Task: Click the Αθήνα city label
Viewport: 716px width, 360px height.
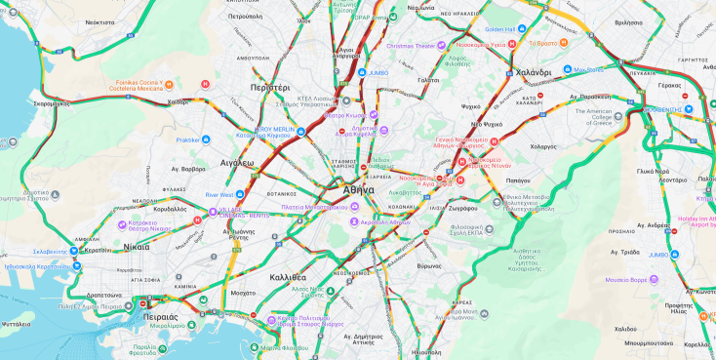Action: click(358, 190)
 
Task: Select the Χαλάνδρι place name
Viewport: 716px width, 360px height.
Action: click(534, 73)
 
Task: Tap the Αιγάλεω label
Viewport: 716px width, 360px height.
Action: click(237, 163)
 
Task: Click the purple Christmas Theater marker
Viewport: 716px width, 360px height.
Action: click(441, 45)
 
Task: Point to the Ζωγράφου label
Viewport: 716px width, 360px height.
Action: click(463, 208)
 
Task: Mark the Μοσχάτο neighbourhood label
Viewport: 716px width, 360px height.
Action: click(242, 293)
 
